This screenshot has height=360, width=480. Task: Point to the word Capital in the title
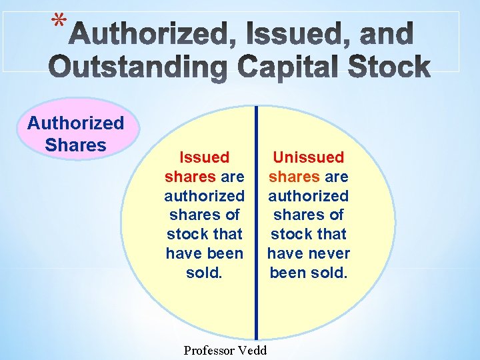[293, 67]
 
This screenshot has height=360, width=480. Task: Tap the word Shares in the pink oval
[75, 145]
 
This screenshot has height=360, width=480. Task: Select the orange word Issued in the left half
[204, 158]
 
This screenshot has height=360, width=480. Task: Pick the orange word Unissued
[309, 158]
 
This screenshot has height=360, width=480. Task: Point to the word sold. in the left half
[204, 273]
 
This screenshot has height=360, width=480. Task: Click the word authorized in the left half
[204, 196]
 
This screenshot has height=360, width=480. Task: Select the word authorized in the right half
[309, 196]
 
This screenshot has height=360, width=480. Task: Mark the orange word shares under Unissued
[294, 177]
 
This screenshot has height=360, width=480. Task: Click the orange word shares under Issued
[189, 177]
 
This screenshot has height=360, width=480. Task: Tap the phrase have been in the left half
[204, 253]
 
